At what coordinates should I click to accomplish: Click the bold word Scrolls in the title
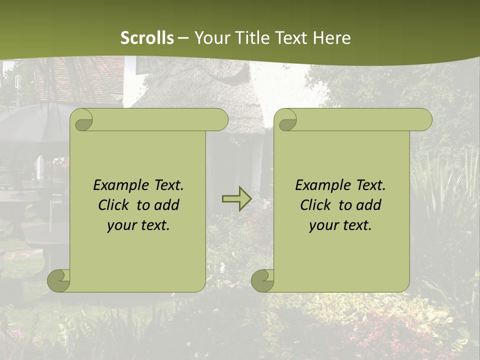[x=147, y=37]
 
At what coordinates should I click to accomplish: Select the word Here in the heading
[x=331, y=37]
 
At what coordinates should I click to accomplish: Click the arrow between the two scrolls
[x=236, y=199]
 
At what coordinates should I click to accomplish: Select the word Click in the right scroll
[x=314, y=205]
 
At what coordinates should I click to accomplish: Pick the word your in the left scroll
[x=120, y=225]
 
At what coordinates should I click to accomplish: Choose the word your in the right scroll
[x=322, y=225]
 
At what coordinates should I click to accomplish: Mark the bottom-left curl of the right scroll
[x=263, y=280]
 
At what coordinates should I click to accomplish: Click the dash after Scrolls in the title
[x=183, y=38]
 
